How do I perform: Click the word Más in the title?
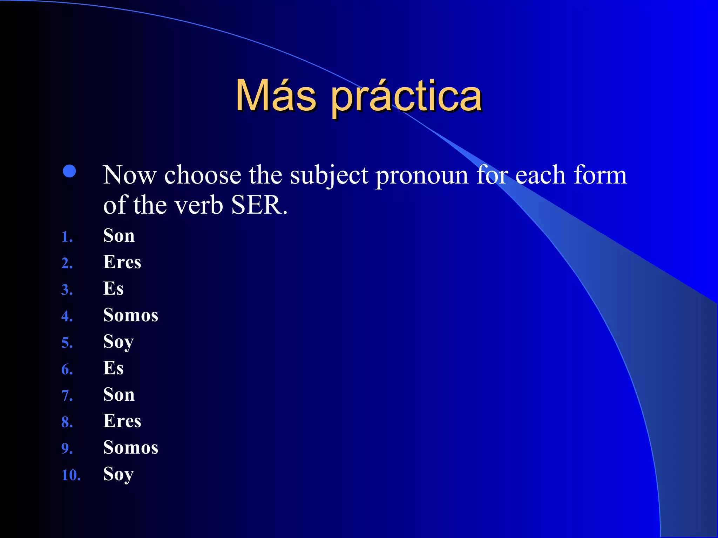pos(276,95)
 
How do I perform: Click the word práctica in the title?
pos(407,96)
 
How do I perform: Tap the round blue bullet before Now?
pos(69,171)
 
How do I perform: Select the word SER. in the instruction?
pos(259,205)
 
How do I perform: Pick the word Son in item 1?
pos(118,235)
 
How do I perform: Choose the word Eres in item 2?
pos(122,262)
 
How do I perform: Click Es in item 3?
pos(113,289)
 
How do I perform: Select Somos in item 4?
pos(130,315)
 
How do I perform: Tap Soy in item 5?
pos(118,342)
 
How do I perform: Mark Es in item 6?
pos(113,368)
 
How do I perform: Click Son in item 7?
pos(118,395)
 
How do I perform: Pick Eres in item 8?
pos(122,421)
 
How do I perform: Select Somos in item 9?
pos(130,448)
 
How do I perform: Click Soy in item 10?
pos(118,474)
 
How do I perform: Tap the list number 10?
pos(70,475)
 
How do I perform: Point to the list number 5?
pos(67,343)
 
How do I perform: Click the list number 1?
pos(67,237)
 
